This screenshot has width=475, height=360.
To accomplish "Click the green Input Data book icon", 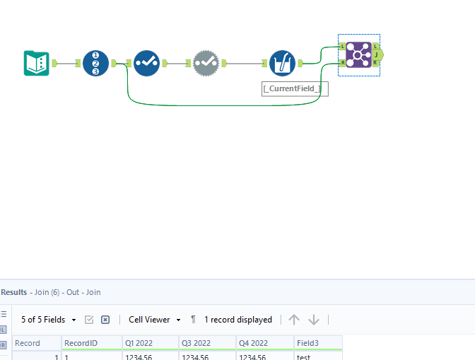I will [36, 63].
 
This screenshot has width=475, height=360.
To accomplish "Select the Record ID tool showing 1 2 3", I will [95, 63].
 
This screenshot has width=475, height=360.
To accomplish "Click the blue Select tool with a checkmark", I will [147, 63].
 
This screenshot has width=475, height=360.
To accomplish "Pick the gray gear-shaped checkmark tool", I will [206, 63].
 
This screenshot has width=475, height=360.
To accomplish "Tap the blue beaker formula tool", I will [282, 63].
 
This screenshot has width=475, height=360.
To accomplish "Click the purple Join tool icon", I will [358, 54].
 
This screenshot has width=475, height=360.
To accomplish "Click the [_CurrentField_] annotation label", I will [295, 88].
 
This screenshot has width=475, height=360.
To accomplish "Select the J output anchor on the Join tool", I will [377, 54].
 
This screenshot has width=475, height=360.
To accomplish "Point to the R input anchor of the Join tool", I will [342, 63].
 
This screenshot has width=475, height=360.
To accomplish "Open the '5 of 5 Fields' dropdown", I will [47, 320].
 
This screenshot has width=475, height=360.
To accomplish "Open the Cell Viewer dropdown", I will [153, 320].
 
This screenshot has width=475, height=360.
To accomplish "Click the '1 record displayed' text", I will [237, 320].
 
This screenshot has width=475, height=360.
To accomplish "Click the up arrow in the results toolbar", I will [294, 320].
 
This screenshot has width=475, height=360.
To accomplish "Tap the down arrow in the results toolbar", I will [314, 320].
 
